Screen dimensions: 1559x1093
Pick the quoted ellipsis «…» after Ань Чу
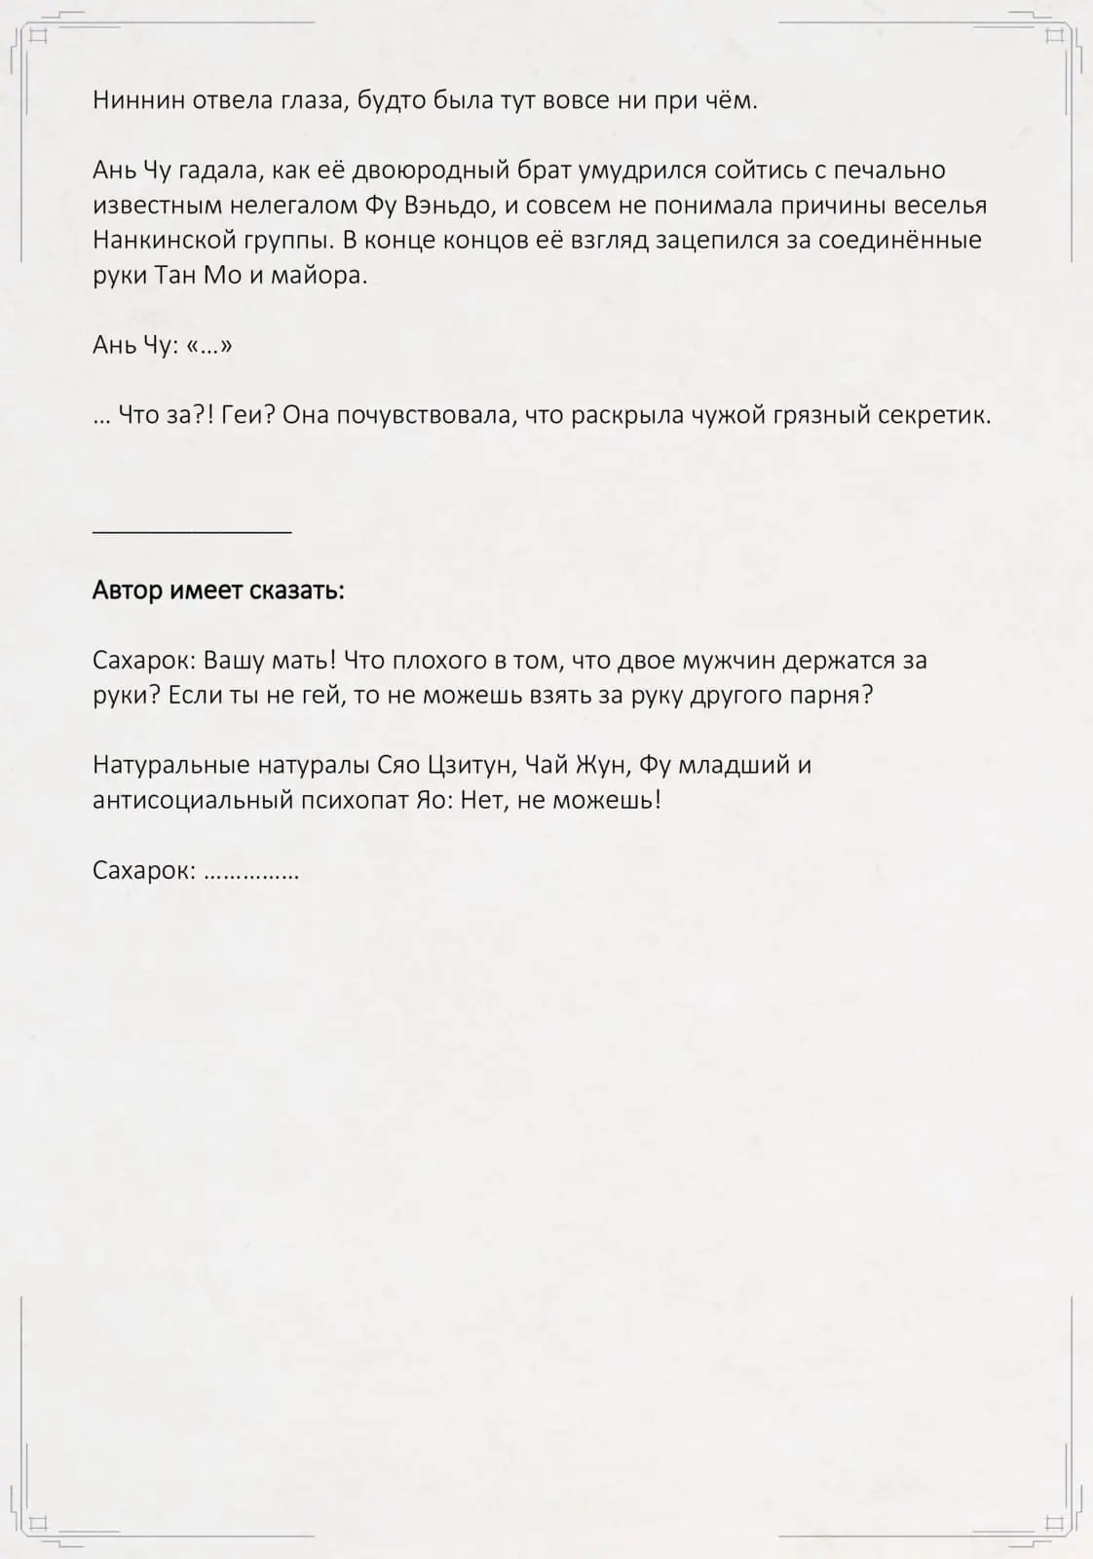[x=209, y=346]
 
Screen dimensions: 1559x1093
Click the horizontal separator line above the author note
[x=192, y=532]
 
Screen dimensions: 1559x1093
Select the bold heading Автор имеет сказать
[x=218, y=590]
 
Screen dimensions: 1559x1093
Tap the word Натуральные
[x=171, y=765]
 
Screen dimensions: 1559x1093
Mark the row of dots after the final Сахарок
[x=251, y=871]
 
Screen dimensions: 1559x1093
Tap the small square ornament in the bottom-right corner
[x=1053, y=1522]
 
